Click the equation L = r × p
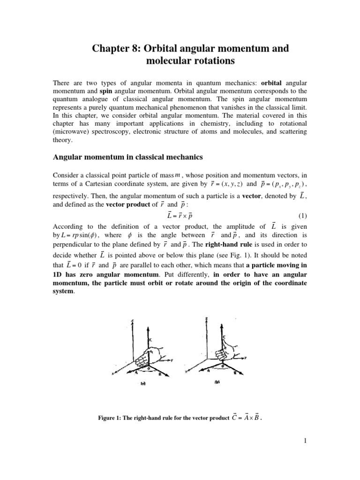pyautogui.click(x=180, y=215)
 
